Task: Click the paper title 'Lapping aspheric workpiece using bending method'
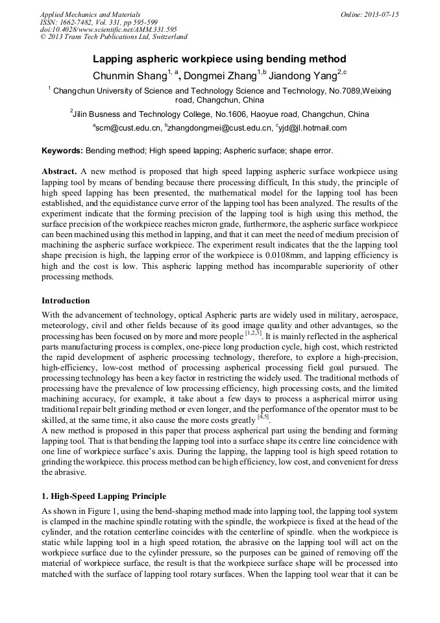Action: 219,58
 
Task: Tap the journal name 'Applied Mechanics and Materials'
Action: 90,14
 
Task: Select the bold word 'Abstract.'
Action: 60,172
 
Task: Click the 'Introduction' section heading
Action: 66,301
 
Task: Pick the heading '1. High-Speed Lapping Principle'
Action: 104,496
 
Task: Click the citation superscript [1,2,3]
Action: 252,334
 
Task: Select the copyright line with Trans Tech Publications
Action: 114,37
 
